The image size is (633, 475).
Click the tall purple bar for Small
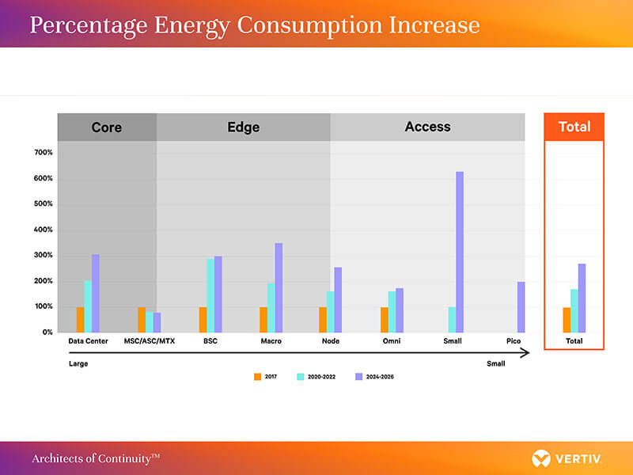459,252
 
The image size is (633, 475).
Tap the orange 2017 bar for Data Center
81,320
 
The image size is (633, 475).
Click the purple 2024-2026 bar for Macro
279,287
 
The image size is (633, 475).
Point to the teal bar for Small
452,320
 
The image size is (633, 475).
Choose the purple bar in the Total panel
582,298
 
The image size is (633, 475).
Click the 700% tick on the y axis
43,153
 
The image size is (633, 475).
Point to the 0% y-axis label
46,332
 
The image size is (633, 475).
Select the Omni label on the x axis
392,341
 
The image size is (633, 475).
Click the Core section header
107,127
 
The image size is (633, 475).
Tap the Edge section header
243,127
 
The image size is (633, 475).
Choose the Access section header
427,127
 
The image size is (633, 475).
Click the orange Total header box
574,127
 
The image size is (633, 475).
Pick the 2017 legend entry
266,377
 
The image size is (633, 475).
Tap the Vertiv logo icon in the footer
541,458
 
